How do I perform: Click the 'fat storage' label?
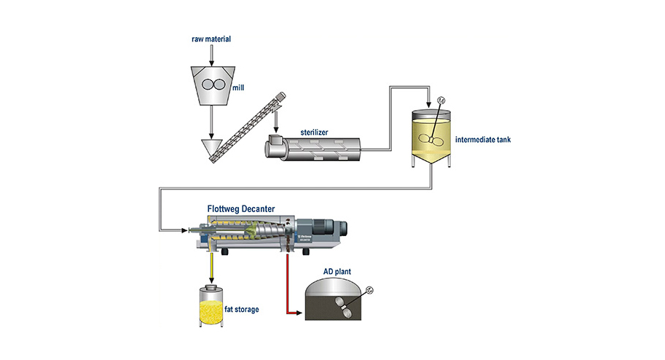coord(240,309)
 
